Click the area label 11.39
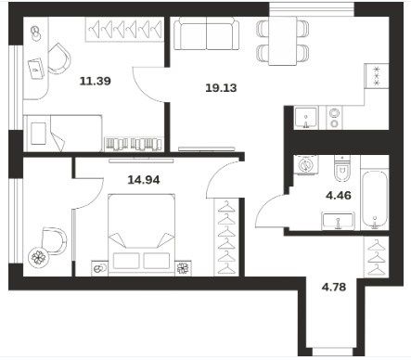point(96,82)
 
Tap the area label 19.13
point(221,88)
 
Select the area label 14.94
point(144,180)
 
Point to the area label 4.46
point(339,196)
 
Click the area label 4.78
point(334,288)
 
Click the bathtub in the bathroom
point(375,199)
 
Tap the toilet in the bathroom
point(342,169)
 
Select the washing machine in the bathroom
point(305,164)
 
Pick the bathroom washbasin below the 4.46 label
point(338,221)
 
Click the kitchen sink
point(306,118)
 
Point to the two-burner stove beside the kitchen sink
point(334,118)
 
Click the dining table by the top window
point(283,41)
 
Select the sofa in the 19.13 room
point(207,33)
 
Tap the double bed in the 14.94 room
point(142,235)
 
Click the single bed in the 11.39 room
point(63,134)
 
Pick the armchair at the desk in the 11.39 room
point(58,58)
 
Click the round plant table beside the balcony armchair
point(39,257)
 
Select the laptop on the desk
point(37,69)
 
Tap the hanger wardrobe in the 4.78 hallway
point(377,257)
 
